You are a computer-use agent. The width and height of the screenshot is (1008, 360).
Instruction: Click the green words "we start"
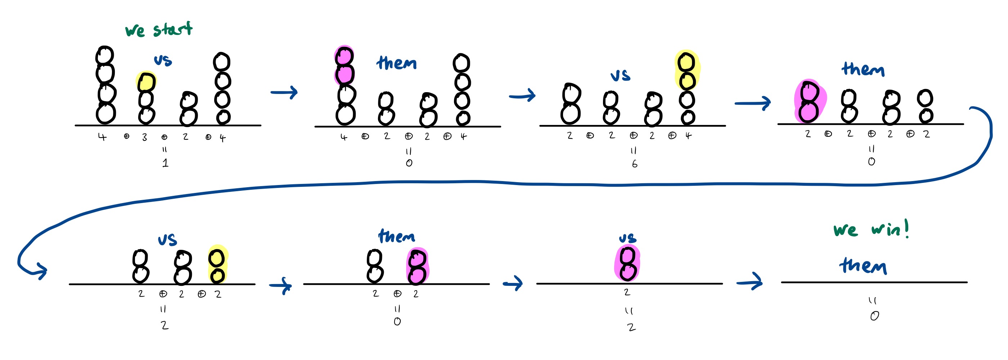(x=158, y=30)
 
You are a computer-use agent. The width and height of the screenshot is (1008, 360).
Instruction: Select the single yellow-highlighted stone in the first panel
(x=147, y=82)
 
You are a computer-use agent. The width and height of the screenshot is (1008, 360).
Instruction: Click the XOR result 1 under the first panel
(x=166, y=163)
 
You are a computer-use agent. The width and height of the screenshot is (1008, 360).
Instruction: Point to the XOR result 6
(x=634, y=164)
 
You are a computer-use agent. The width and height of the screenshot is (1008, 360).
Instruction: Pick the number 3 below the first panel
(x=145, y=137)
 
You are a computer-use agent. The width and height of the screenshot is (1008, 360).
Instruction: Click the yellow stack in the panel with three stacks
(x=217, y=265)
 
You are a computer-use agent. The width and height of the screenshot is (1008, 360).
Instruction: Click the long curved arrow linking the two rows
(x=509, y=183)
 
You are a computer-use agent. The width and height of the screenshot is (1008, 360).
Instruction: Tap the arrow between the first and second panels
(x=284, y=93)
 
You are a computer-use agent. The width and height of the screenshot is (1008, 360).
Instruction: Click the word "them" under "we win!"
(x=863, y=266)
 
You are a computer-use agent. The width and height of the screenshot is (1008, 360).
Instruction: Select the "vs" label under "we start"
(x=163, y=60)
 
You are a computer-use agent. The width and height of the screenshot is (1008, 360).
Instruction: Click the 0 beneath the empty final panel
(x=874, y=316)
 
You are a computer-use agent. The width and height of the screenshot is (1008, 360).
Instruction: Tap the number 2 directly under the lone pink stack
(x=627, y=292)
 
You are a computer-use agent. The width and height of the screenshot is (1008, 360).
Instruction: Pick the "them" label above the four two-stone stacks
(x=863, y=69)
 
